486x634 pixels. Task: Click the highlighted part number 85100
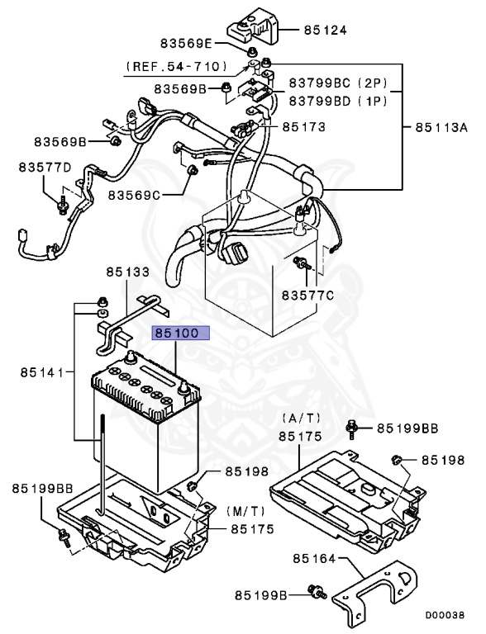pyautogui.click(x=180, y=335)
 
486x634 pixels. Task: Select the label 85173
pyautogui.click(x=304, y=127)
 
